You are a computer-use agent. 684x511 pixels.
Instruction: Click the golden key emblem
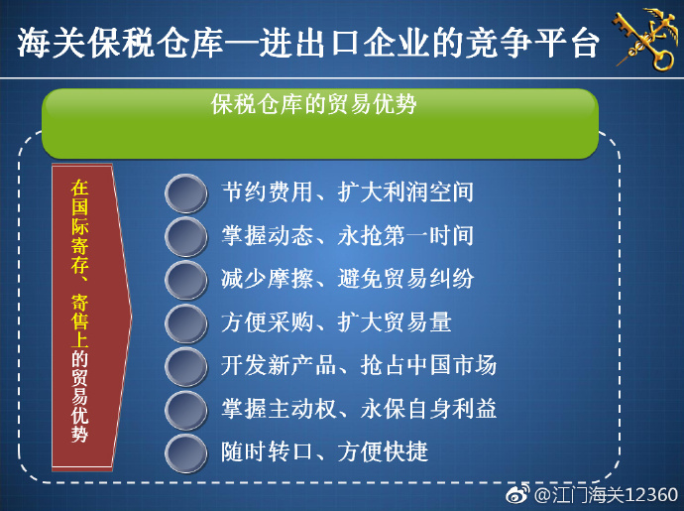645,40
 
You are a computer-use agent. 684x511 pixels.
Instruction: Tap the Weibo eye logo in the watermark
517,494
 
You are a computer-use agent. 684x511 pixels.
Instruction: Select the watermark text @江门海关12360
606,495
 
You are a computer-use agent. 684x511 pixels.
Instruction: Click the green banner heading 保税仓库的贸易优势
313,104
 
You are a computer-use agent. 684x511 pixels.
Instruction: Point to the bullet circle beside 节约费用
186,193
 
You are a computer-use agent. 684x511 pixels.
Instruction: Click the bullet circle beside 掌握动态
186,237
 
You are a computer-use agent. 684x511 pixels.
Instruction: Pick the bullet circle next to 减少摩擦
186,280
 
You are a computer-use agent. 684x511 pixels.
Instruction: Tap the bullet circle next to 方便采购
186,323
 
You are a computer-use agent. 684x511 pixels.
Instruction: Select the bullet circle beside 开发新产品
186,366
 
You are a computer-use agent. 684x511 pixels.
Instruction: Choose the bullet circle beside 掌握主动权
186,410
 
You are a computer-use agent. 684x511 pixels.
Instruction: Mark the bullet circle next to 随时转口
186,452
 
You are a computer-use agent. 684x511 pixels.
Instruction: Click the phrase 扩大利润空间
405,192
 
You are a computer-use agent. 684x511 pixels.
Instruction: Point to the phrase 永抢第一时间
405,235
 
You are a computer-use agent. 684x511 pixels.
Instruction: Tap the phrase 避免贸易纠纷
405,279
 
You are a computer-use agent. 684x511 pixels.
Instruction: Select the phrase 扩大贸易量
395,321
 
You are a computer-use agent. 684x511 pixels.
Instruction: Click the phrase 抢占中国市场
428,365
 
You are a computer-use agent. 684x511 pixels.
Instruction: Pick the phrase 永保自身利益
428,409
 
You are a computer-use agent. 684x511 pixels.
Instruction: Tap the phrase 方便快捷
383,451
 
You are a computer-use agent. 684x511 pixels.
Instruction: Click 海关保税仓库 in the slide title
120,43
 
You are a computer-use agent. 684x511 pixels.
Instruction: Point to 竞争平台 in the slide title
531,43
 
